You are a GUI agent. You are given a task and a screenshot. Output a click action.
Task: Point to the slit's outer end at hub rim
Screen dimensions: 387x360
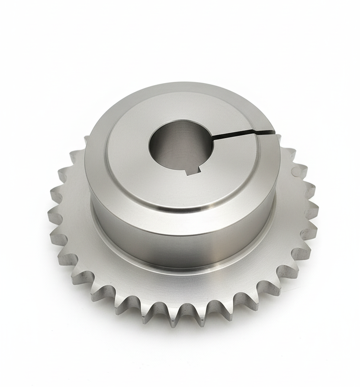273,129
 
